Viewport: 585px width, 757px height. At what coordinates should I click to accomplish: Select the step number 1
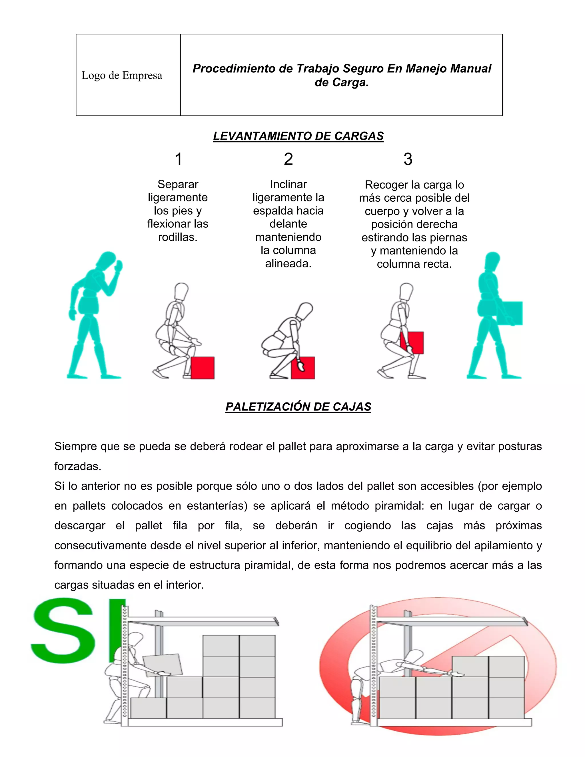coord(178,159)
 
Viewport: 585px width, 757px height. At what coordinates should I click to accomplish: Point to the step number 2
coord(288,159)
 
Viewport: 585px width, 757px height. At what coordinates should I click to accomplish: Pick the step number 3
coord(408,159)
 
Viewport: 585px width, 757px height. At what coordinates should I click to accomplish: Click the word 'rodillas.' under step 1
coord(178,237)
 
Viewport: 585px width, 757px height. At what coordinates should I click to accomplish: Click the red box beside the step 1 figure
coord(203,368)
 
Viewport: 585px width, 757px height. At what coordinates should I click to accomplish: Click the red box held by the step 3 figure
coord(412,343)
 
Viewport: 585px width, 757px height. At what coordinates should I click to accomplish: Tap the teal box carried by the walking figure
coord(510,313)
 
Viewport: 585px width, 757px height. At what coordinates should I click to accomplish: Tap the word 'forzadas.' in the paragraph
coord(78,466)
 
